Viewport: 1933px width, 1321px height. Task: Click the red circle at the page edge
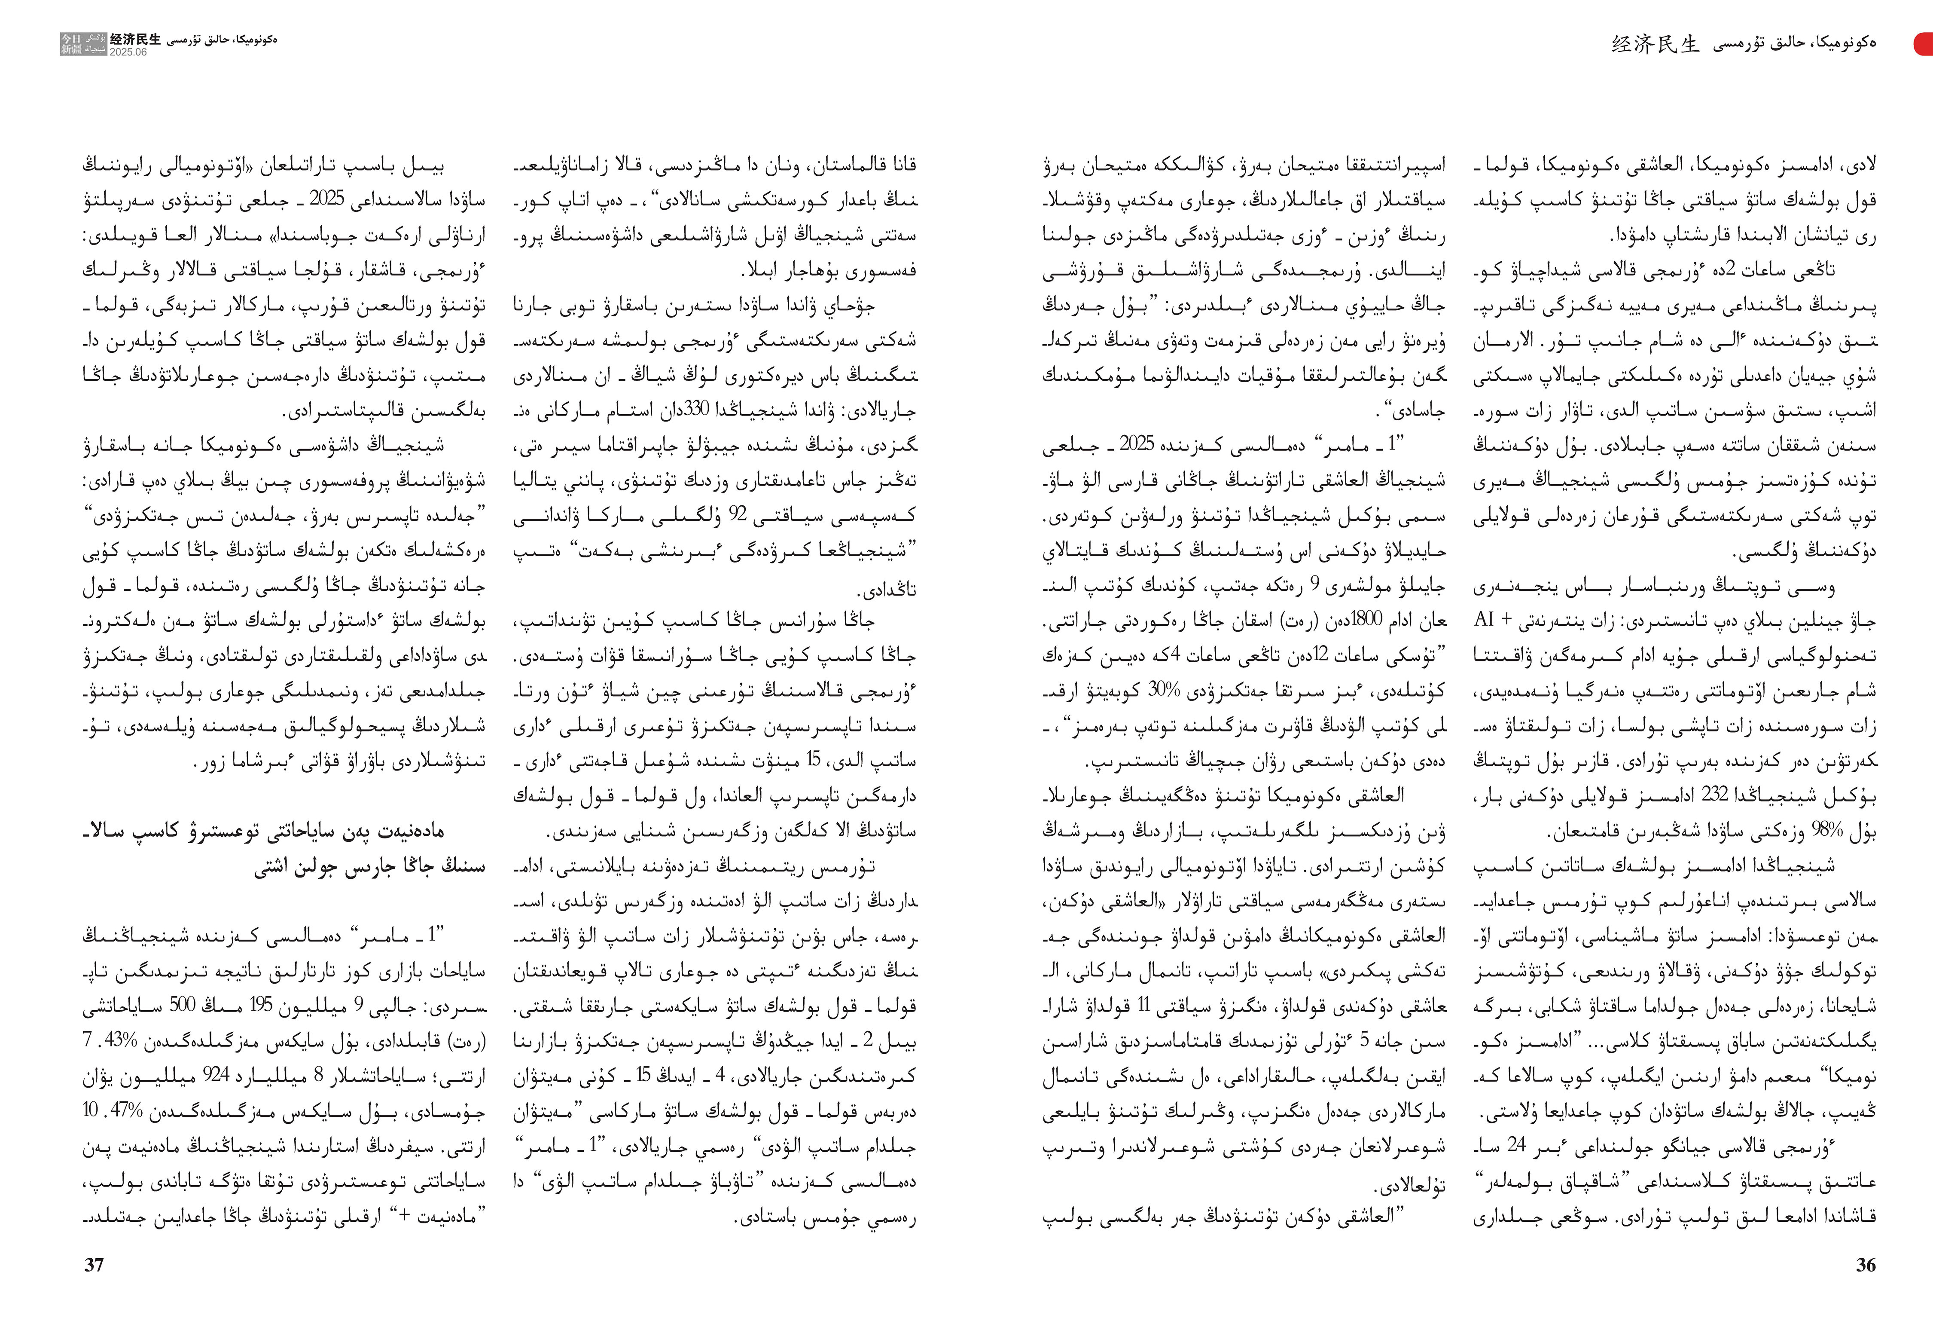1925,43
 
